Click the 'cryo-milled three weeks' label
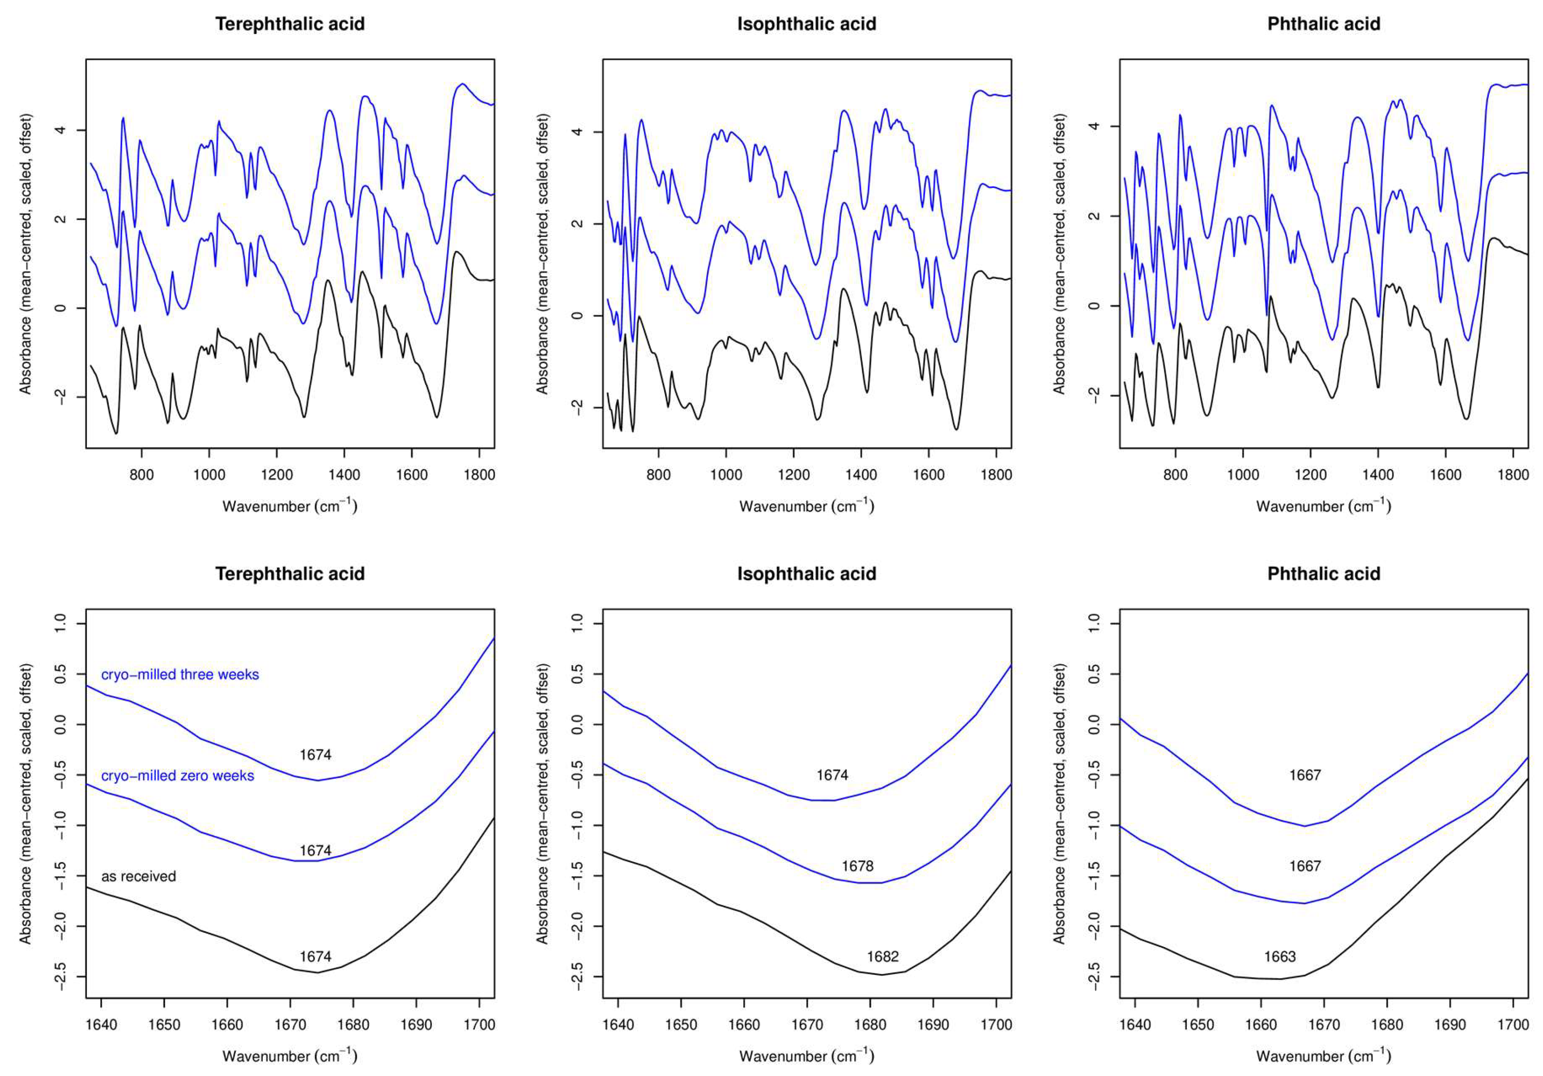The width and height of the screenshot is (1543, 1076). coord(179,675)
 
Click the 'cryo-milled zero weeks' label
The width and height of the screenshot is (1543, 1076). coord(177,776)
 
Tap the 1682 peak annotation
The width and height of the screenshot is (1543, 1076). coord(882,956)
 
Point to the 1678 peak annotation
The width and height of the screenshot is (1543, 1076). coord(857,867)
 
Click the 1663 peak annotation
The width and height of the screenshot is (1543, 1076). coord(1279,956)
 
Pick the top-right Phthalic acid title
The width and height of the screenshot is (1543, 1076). coord(1323,24)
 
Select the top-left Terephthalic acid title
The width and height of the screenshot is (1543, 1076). coord(290,24)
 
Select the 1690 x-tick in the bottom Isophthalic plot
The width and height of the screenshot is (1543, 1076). coord(933,1025)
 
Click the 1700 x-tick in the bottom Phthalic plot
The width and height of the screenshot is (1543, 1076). coord(1513,1025)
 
